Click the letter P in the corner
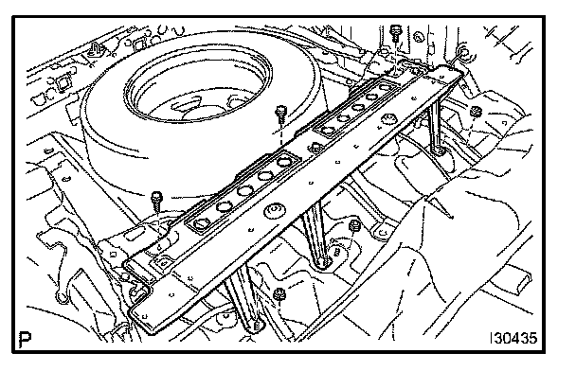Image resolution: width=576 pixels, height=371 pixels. tap(25, 340)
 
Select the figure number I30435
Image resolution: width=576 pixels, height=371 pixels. tap(513, 338)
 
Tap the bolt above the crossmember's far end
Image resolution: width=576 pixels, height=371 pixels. tap(395, 33)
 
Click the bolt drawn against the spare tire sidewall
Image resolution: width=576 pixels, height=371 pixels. tap(280, 115)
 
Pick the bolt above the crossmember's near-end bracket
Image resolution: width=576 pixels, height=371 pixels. tap(157, 201)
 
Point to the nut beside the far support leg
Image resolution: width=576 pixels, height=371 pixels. tap(476, 111)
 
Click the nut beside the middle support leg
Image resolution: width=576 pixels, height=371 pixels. tap(353, 225)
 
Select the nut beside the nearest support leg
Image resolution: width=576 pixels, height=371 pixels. tap(279, 293)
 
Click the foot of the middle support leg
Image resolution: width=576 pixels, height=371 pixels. tap(324, 262)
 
